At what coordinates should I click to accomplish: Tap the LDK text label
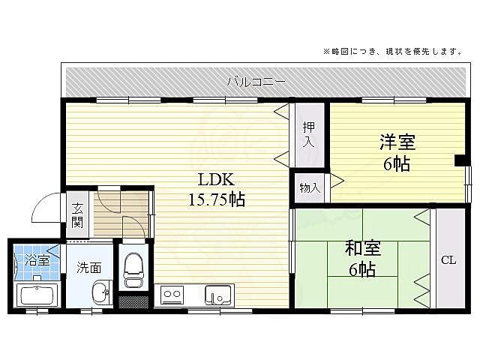[x=216, y=181]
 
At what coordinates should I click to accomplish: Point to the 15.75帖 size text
[x=216, y=199]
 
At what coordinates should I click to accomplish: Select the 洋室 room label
[x=397, y=141]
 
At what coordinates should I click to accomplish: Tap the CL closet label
[x=448, y=260]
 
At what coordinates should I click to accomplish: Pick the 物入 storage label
[x=309, y=188]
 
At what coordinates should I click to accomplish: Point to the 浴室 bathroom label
[x=37, y=261]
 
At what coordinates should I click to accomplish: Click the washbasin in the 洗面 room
[x=100, y=293]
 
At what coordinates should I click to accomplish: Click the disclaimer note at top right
[x=391, y=52]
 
